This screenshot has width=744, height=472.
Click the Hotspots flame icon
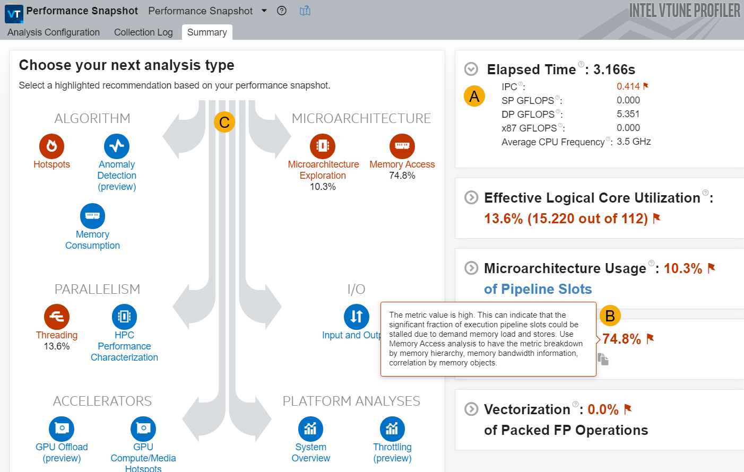tap(51, 146)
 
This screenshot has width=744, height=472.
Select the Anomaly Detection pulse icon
tap(117, 146)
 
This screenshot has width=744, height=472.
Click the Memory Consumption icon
tap(92, 216)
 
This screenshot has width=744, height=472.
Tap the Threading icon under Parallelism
tap(57, 317)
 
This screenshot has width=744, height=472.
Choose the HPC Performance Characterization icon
tap(124, 317)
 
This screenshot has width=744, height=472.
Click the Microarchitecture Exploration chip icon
tap(323, 146)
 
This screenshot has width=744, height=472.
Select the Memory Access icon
tap(402, 146)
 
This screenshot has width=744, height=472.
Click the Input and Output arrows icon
tap(357, 317)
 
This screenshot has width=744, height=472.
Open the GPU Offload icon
tap(62, 429)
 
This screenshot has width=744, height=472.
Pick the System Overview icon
tap(310, 429)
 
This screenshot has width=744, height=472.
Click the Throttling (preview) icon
tap(392, 429)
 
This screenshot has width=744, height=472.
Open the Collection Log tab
tap(143, 32)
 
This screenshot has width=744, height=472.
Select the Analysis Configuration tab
tap(54, 32)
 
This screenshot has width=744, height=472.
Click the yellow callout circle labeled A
tap(474, 96)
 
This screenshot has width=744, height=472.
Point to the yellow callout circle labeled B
tap(610, 316)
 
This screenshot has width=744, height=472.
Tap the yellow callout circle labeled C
tap(224, 122)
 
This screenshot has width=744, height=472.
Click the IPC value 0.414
tap(628, 86)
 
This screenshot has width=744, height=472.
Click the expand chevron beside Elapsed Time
tap(471, 69)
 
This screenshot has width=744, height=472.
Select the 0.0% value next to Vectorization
tap(603, 409)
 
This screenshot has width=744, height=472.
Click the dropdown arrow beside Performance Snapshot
tap(264, 11)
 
